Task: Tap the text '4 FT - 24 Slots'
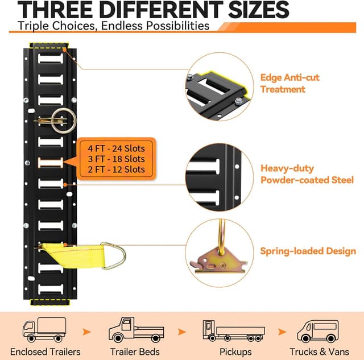pyautogui.click(x=116, y=148)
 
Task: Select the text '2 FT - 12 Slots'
pyautogui.click(x=116, y=169)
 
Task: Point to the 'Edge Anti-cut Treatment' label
pyautogui.click(x=289, y=84)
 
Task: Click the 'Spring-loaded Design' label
pyautogui.click(x=308, y=251)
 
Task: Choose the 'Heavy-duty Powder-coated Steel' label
pyautogui.click(x=307, y=174)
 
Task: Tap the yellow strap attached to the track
pyautogui.click(x=75, y=255)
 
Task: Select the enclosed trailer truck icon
pyautogui.click(x=44, y=330)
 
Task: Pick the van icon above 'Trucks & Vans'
pyautogui.click(x=318, y=331)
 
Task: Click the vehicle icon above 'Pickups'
pyautogui.click(x=234, y=331)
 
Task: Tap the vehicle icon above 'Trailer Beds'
pyautogui.click(x=136, y=330)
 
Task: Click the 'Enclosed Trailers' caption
pyautogui.click(x=45, y=352)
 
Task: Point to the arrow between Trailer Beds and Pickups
pyautogui.click(x=182, y=332)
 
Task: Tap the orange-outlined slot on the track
pyautogui.click(x=51, y=163)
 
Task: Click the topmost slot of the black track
pyautogui.click(x=51, y=59)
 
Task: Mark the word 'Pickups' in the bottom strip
pyautogui.click(x=235, y=352)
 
